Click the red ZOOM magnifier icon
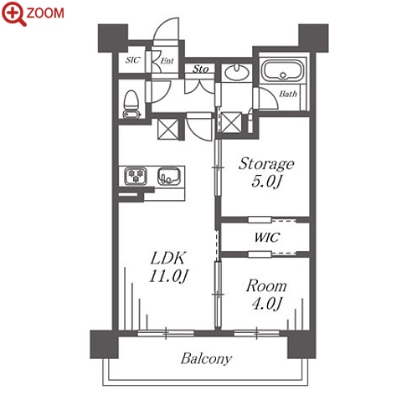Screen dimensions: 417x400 click(x=14, y=13)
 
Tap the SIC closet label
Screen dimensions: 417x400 click(x=132, y=60)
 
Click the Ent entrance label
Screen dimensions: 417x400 click(x=167, y=60)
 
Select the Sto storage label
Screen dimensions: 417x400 click(x=201, y=69)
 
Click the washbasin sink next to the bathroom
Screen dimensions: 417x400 click(x=237, y=72)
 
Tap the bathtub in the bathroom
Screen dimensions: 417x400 click(x=283, y=69)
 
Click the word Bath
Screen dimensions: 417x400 click(x=288, y=94)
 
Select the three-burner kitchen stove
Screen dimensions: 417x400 click(x=136, y=176)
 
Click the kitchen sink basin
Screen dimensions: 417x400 click(x=169, y=176)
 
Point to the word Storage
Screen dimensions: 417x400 click(x=266, y=164)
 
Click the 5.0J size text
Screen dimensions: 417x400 click(x=266, y=182)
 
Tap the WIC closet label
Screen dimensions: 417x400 click(x=266, y=238)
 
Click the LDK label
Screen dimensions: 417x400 click(x=167, y=258)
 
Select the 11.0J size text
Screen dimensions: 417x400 click(x=168, y=276)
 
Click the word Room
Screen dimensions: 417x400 click(x=266, y=286)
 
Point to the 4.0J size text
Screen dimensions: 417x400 click(x=267, y=304)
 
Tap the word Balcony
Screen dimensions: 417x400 click(x=206, y=359)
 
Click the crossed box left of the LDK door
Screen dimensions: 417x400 click(x=167, y=129)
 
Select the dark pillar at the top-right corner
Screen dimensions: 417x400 click(x=313, y=38)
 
